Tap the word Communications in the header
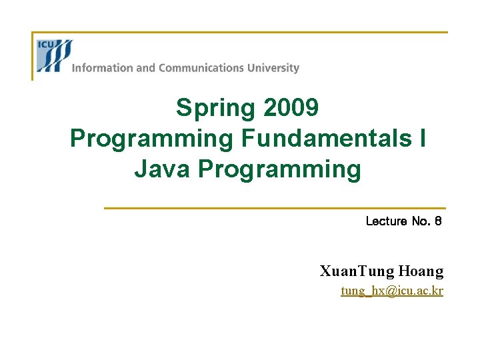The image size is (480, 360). click(201, 68)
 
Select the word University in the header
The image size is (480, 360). click(273, 68)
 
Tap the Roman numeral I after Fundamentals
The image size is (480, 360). click(423, 138)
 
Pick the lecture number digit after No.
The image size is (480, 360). click(437, 221)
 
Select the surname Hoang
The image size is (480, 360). click(421, 271)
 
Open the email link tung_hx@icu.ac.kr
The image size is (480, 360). click(391, 291)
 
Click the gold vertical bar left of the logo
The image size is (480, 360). click(33, 57)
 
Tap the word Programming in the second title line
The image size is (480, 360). click(151, 138)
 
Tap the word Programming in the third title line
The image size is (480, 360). click(279, 169)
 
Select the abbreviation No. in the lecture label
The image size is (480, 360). click(421, 221)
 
